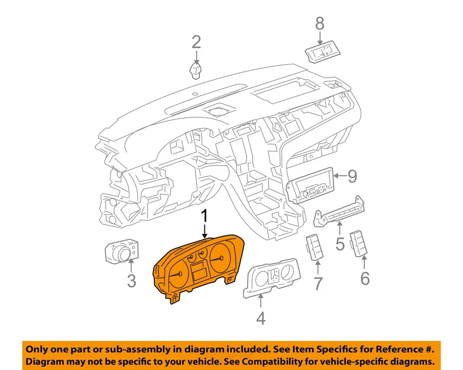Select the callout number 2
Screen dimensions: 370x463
coord(196,42)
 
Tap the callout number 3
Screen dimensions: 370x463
coord(132,280)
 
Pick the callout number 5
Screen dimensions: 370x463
coord(340,243)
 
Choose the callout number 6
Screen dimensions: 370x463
coord(365,278)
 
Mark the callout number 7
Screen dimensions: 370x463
coord(318,283)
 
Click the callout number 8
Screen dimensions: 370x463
coord(320,23)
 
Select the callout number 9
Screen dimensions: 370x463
coord(352,176)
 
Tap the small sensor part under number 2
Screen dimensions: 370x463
coord(195,71)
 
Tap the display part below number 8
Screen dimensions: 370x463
coord(322,53)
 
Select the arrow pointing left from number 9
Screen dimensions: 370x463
coord(340,175)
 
